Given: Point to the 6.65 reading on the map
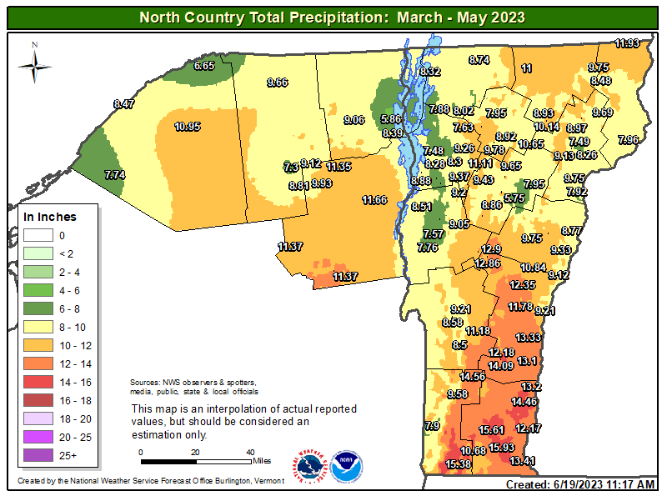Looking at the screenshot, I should point(205,65).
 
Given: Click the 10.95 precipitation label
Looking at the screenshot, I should point(188,127).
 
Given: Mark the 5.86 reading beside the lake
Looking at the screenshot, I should point(391,119).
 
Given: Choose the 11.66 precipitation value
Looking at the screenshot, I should point(375,200).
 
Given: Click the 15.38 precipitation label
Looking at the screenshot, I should point(458,463).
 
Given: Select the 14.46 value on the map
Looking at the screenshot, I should point(524,402).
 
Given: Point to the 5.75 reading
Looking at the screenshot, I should point(514,198).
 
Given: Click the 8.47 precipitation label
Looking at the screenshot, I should point(123,104).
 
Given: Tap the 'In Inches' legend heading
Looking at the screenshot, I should point(50,217).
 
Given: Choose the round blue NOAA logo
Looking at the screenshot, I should point(346,467).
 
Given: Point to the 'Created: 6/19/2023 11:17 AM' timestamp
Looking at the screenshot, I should point(580,484).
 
